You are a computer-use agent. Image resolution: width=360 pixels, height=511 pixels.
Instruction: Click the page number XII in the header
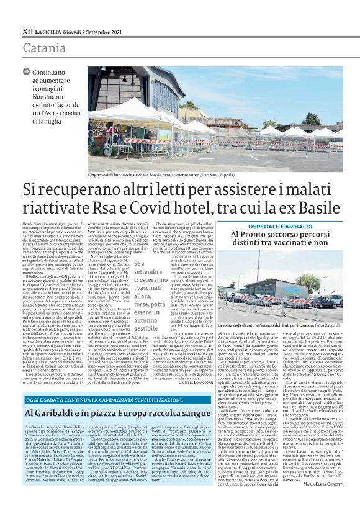pos(27,30)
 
